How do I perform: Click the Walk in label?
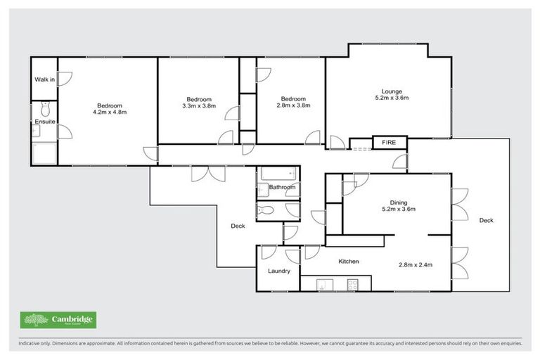tap(44, 79)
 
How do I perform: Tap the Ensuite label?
tap(44, 122)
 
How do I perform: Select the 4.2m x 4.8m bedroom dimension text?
tap(109, 112)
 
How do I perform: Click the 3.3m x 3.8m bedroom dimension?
tap(198, 105)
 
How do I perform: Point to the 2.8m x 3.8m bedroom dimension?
tap(293, 105)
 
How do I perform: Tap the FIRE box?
tap(389, 143)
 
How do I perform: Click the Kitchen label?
tap(349, 262)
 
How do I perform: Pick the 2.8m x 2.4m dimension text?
tap(415, 265)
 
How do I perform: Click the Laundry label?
tap(278, 271)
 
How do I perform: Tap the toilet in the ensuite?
tap(45, 109)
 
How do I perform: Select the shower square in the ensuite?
tap(44, 153)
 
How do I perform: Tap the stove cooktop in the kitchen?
tap(352, 284)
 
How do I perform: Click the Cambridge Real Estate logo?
tap(58, 320)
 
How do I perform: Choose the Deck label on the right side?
tap(486, 220)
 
